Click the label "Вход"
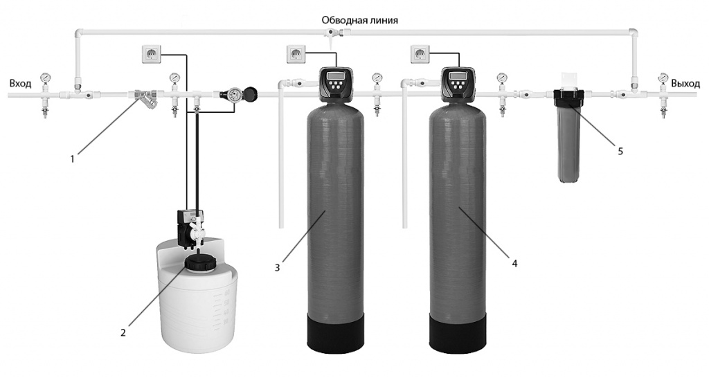[x=20, y=84]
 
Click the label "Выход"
[x=685, y=84]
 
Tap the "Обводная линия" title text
[x=360, y=21]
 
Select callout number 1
[x=72, y=159]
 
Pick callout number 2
[x=123, y=333]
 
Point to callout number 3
[x=277, y=268]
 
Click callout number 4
[x=514, y=263]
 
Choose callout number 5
[x=620, y=152]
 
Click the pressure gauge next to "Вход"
[x=45, y=79]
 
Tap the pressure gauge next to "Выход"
[x=663, y=78]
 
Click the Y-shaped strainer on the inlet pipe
[x=145, y=99]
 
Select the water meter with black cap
[x=239, y=94]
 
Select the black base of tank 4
[x=458, y=333]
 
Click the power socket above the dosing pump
[x=152, y=54]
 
